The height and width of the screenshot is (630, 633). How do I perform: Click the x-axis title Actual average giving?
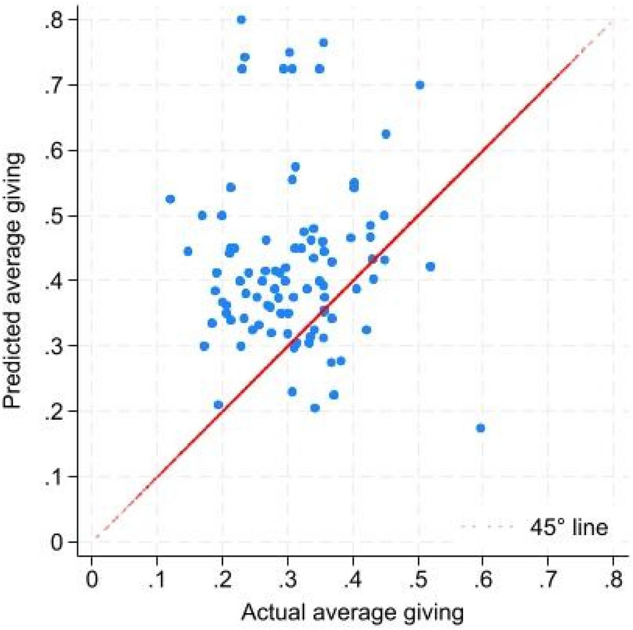pyautogui.click(x=352, y=612)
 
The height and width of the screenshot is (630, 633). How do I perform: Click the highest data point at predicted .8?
pyautogui.click(x=241, y=20)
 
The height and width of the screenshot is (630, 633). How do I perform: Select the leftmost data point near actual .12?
pyautogui.click(x=170, y=199)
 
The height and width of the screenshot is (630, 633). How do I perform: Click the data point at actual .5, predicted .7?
pyautogui.click(x=420, y=85)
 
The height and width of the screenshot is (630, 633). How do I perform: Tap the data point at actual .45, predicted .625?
pyautogui.click(x=386, y=134)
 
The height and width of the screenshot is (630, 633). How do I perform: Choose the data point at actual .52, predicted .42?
pyautogui.click(x=430, y=266)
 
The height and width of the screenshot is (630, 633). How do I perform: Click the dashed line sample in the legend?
pyautogui.click(x=485, y=526)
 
